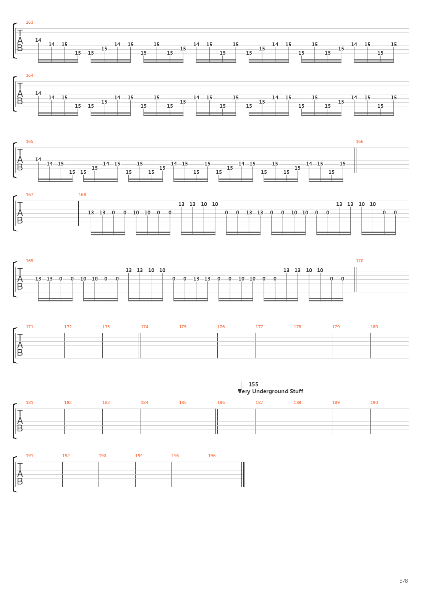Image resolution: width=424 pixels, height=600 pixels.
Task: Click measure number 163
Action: tap(29, 22)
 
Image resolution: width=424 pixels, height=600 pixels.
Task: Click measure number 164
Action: tap(29, 75)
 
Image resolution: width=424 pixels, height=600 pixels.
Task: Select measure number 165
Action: tap(29, 141)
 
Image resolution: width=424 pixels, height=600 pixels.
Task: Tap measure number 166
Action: tap(359, 141)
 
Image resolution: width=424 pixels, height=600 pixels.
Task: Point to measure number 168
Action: tap(82, 195)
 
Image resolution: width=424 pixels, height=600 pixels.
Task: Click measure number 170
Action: tap(359, 261)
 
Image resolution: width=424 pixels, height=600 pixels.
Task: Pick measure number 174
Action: tap(144, 327)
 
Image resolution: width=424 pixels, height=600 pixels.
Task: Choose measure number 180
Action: tap(374, 327)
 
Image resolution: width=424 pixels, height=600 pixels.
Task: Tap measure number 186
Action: tap(221, 402)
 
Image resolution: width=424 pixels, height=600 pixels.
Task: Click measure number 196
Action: tap(212, 456)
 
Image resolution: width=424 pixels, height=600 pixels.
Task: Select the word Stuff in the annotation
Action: tap(297, 391)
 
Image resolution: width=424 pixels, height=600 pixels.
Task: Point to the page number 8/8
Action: tap(404, 581)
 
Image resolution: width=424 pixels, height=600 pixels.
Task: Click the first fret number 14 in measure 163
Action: tap(38, 40)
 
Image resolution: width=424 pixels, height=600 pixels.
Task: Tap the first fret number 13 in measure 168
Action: tap(91, 212)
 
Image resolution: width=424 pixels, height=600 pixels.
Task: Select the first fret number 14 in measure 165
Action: tap(38, 159)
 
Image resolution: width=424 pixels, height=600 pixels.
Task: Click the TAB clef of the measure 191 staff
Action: tap(20, 474)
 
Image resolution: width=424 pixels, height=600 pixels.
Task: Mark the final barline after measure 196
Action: tap(244, 474)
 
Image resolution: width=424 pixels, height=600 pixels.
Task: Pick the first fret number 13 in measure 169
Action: tap(38, 279)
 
